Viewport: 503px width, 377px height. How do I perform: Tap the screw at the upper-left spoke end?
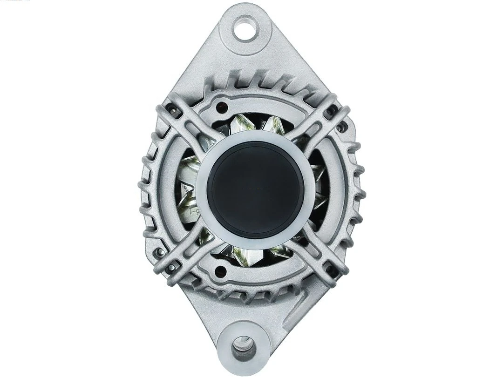point(173,109)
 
